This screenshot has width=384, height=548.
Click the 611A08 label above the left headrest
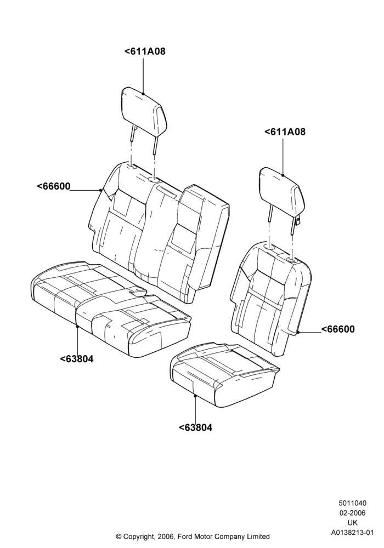(x=145, y=52)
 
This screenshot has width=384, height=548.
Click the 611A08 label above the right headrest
(x=285, y=132)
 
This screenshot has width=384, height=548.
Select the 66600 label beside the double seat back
(x=54, y=186)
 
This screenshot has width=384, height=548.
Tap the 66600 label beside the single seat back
(x=338, y=329)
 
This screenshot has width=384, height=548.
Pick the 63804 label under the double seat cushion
(x=77, y=359)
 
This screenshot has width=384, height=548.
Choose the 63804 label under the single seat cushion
(x=195, y=427)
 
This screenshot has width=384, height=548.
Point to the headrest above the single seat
(x=282, y=196)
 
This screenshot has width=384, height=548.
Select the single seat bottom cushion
(x=224, y=374)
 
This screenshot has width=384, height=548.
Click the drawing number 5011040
(x=352, y=503)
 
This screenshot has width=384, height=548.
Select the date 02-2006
(x=352, y=513)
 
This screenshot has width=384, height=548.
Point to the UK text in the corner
(x=353, y=523)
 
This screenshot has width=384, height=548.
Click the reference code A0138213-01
(x=352, y=533)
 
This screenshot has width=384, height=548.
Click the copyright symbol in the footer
(x=118, y=536)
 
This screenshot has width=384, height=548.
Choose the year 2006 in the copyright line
(x=165, y=536)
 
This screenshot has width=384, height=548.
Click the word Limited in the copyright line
(x=258, y=536)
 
